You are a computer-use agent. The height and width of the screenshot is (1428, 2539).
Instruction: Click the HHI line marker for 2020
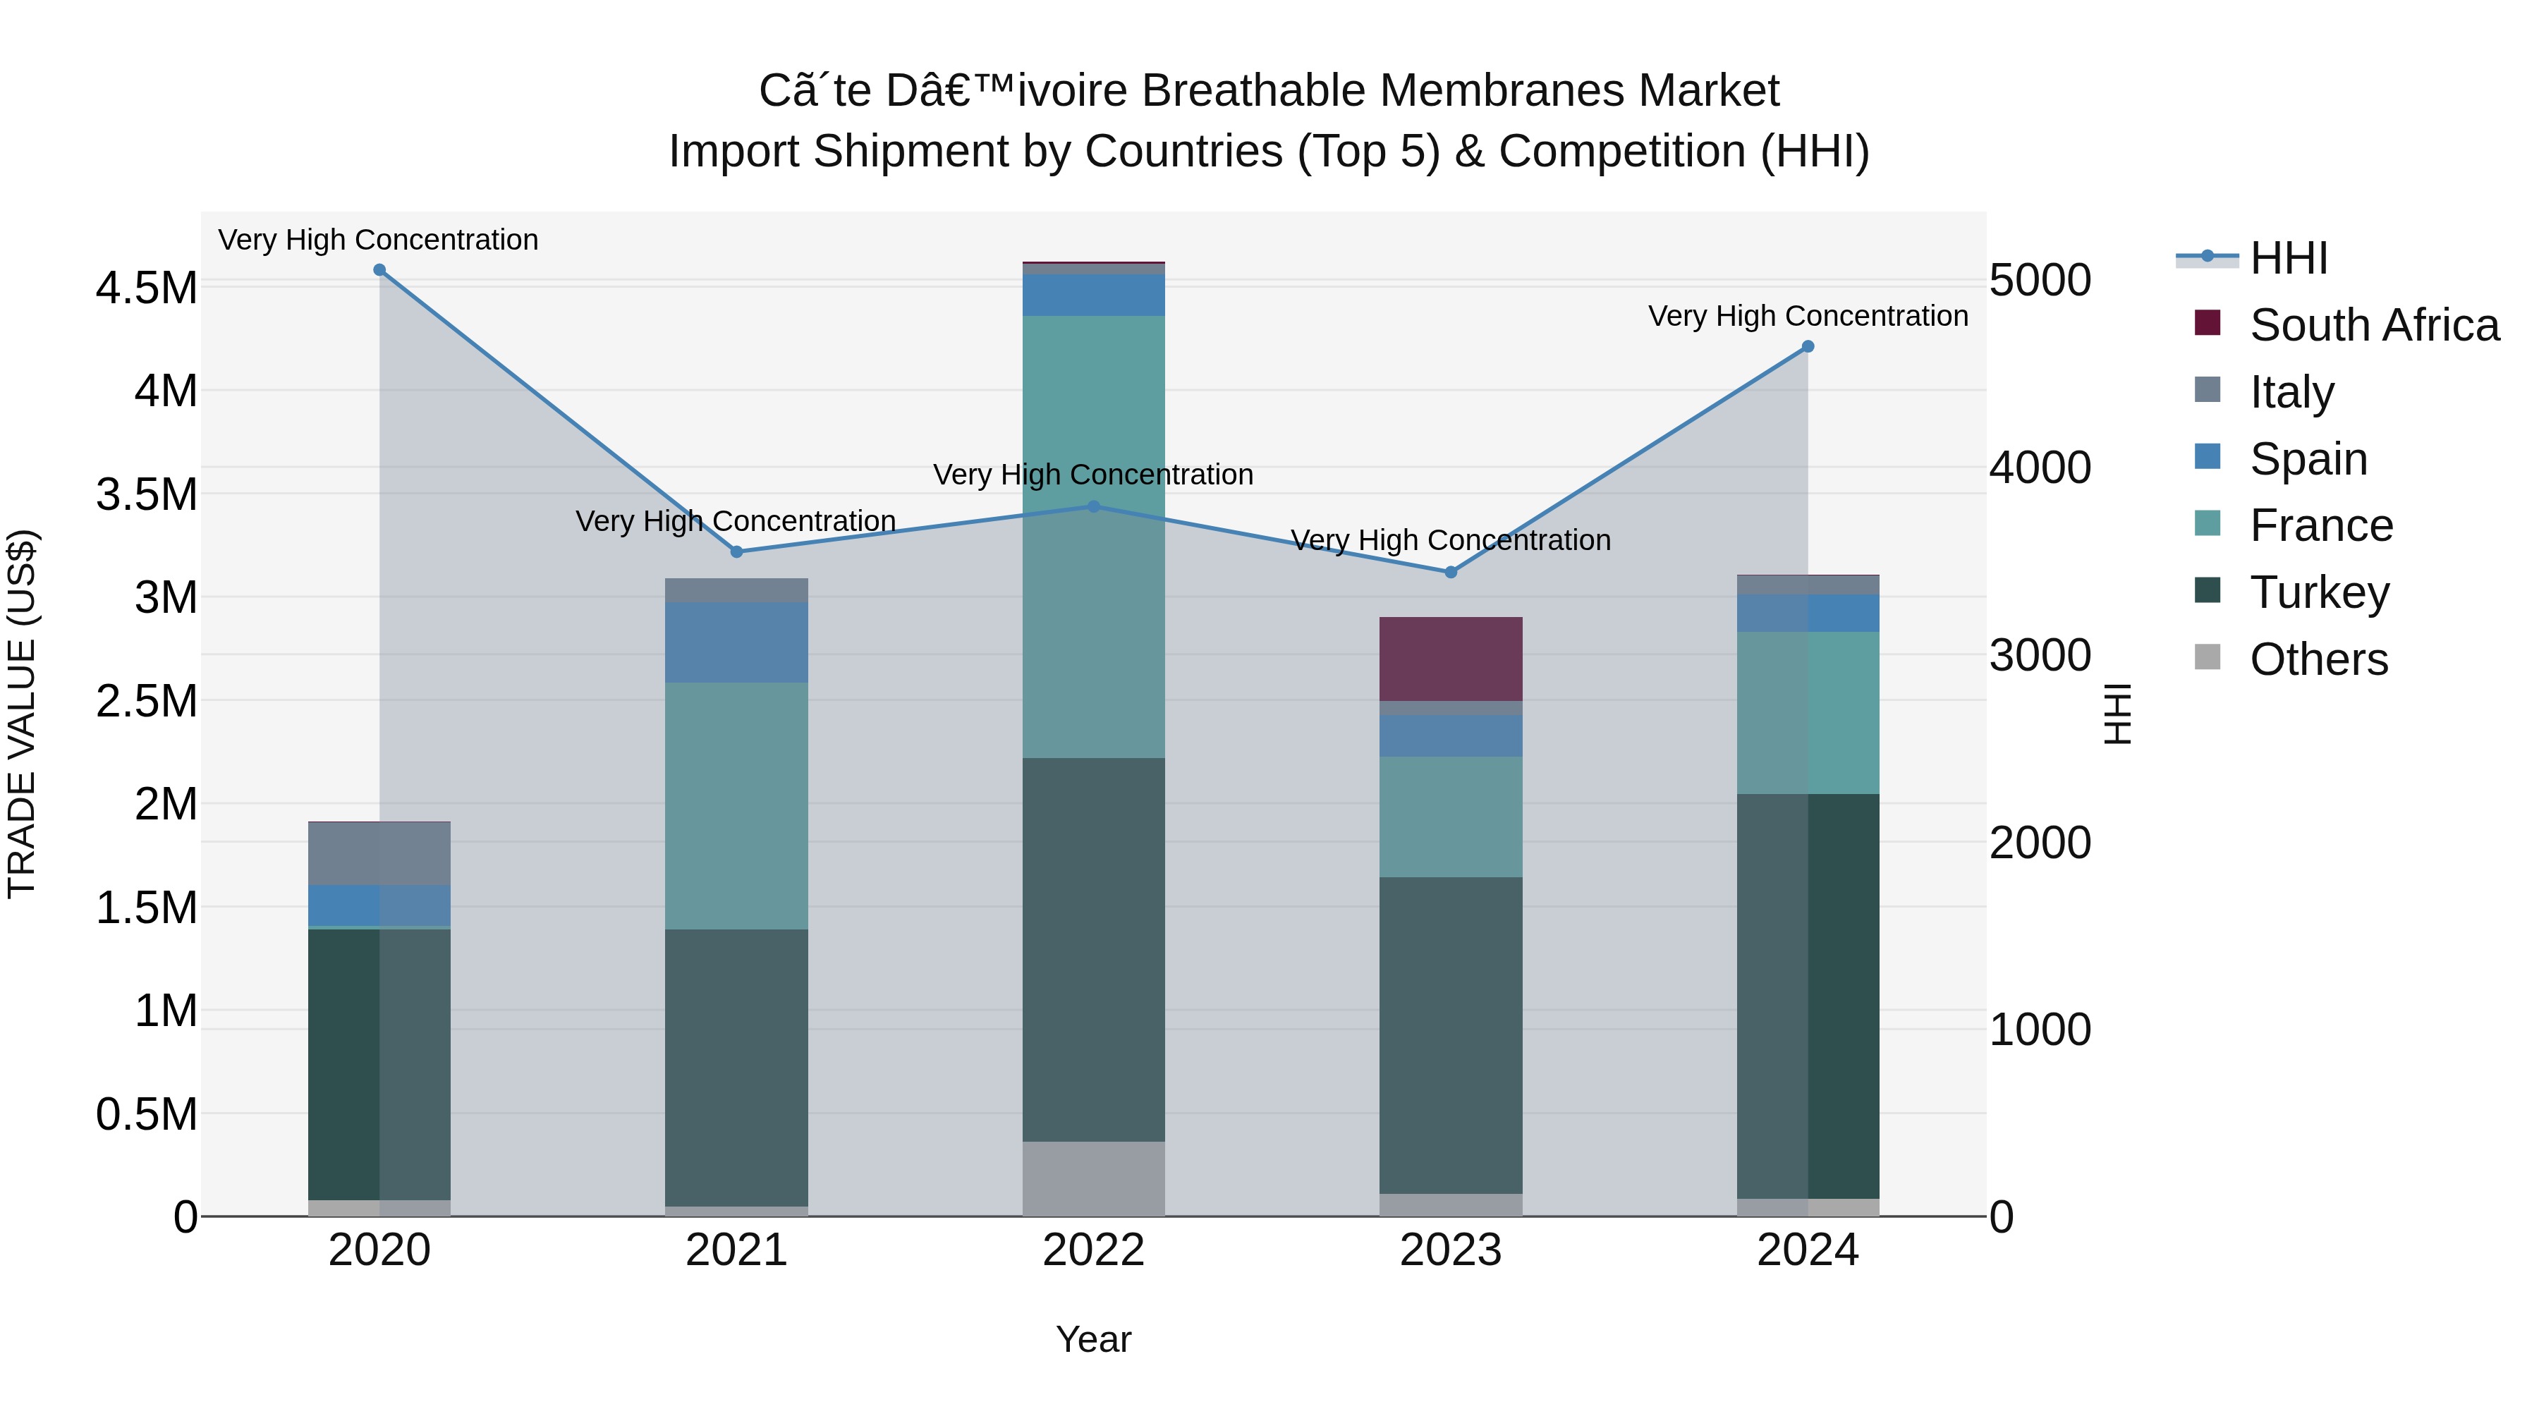[x=379, y=270]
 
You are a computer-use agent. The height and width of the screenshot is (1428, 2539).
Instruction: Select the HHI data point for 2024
[x=1808, y=347]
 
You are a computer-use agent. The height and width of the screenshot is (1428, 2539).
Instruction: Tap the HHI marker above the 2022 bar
[x=1093, y=506]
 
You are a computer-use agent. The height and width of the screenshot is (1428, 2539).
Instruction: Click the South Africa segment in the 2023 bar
[x=1450, y=659]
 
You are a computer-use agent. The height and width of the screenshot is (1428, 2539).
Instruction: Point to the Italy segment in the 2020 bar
[x=379, y=853]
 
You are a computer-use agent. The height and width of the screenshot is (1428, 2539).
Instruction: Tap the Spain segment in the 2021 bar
[x=736, y=642]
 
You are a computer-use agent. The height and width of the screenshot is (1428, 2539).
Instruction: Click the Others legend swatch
[x=2208, y=659]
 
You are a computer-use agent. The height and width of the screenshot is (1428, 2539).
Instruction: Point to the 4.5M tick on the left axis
[x=147, y=288]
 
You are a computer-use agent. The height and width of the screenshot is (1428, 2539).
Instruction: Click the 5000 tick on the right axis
[x=2039, y=281]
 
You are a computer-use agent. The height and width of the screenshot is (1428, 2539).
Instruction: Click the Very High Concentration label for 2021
[x=736, y=520]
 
